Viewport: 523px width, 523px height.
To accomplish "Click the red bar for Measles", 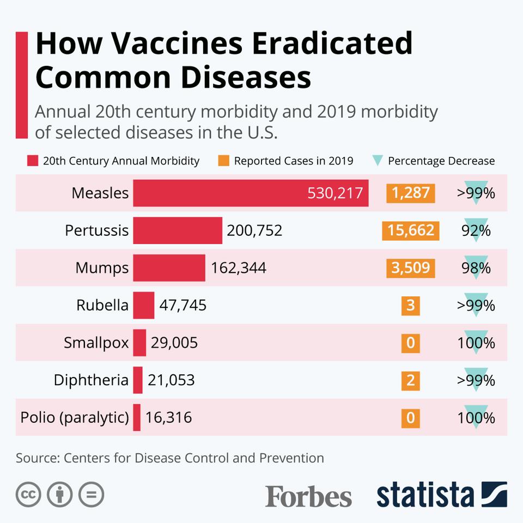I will tap(251, 193).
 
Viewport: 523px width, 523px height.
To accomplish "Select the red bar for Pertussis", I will tap(178, 230).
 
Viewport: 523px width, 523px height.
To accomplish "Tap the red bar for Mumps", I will tap(169, 267).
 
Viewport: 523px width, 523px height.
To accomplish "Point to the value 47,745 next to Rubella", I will tap(183, 305).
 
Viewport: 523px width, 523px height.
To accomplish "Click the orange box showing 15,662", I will tap(411, 230).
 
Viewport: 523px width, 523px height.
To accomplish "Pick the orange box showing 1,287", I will tap(411, 193).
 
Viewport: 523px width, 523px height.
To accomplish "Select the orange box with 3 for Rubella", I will tap(411, 305).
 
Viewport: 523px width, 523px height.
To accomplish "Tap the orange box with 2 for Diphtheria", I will tap(411, 380).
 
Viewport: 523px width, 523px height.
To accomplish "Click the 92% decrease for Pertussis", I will tap(476, 230).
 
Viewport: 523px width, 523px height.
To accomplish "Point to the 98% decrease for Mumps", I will tap(476, 267).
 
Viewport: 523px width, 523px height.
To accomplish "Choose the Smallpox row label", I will tap(96, 343).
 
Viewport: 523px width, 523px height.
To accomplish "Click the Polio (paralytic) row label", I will tap(75, 418).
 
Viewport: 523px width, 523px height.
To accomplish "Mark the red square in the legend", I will tap(32, 161).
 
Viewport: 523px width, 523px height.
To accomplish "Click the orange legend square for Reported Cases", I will tap(223, 161).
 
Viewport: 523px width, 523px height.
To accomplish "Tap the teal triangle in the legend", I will tap(378, 161).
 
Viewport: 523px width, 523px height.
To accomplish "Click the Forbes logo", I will tap(308, 496).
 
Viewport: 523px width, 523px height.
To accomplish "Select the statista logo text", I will tap(425, 495).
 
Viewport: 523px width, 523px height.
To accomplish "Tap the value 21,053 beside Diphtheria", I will tap(171, 380).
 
